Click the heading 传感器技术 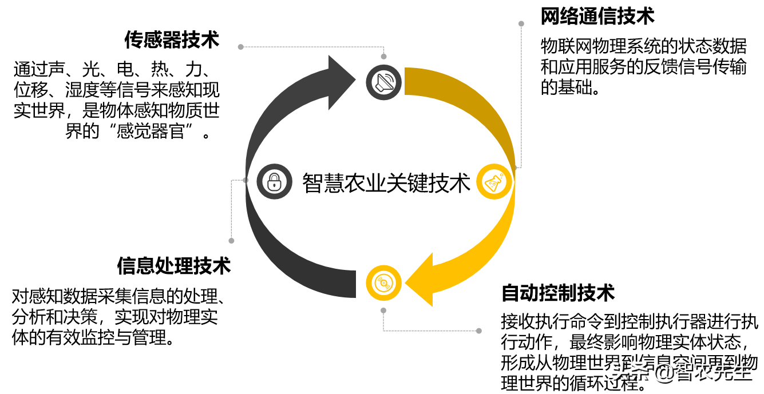[172, 40]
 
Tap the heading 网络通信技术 [597, 16]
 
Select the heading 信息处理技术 [173, 266]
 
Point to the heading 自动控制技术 [557, 293]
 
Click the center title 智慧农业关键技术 [386, 182]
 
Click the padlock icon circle [274, 181]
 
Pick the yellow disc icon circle [383, 282]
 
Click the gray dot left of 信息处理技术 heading [231, 241]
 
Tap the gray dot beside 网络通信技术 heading [521, 24]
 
